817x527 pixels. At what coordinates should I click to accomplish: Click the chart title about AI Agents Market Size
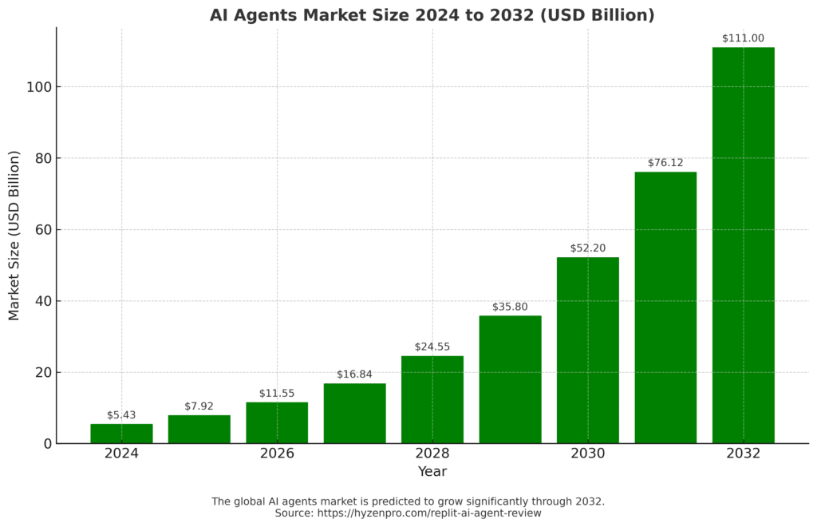pos(432,15)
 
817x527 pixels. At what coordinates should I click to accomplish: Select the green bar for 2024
pos(121,434)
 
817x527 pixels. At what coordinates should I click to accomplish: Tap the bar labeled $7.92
pos(199,429)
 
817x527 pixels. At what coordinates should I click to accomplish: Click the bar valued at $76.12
pos(665,307)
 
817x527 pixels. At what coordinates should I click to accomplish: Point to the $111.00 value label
pos(743,38)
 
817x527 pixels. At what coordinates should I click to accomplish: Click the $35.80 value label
pos(510,307)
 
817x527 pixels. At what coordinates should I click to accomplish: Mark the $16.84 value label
pos(354,374)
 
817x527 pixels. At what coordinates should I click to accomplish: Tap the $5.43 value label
pos(121,415)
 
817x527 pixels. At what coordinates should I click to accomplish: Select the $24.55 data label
pos(432,347)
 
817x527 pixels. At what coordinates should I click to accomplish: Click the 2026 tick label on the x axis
pos(277,454)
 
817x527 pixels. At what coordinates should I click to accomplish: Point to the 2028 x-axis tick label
pos(432,454)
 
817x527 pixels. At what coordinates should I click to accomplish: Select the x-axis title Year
pos(432,472)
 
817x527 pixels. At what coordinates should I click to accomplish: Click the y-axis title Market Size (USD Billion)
pos(14,236)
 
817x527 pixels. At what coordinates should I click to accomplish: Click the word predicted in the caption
pos(395,501)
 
